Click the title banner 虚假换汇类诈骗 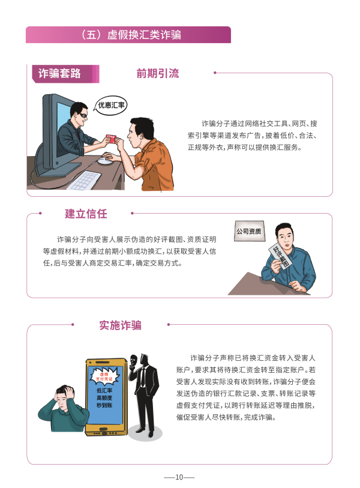pyautogui.click(x=128, y=35)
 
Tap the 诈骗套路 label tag pyautogui.click(x=65, y=74)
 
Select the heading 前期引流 pyautogui.click(x=157, y=73)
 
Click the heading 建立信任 pyautogui.click(x=86, y=214)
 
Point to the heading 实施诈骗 pyautogui.click(x=121, y=325)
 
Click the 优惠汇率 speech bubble pyautogui.click(x=111, y=105)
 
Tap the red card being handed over pyautogui.click(x=110, y=139)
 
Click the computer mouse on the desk pyautogui.click(x=106, y=161)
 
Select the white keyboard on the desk pyautogui.click(x=84, y=181)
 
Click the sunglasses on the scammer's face pyautogui.click(x=83, y=115)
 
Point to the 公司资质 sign pyautogui.click(x=249, y=231)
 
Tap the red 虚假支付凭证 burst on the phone pyautogui.click(x=104, y=376)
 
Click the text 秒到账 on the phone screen pyautogui.click(x=104, y=405)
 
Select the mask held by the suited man pyautogui.click(x=134, y=361)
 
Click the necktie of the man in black pyautogui.click(x=143, y=377)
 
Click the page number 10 pyautogui.click(x=179, y=477)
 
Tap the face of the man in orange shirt pyautogui.click(x=134, y=134)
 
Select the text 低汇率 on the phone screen pyautogui.click(x=104, y=390)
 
